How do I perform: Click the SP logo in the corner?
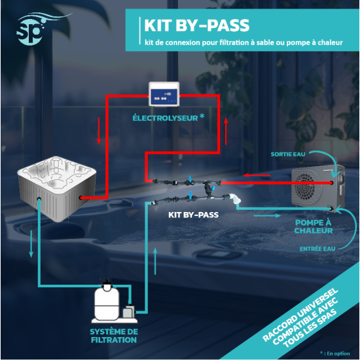click(x=31, y=31)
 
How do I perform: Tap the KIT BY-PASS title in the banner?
click(x=197, y=26)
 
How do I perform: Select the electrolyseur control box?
click(x=164, y=94)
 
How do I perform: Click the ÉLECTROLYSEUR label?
click(x=165, y=118)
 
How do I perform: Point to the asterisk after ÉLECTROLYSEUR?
click(x=202, y=116)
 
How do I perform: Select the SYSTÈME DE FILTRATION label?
click(x=114, y=336)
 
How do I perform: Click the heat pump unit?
click(x=318, y=187)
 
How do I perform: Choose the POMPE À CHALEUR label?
click(x=314, y=226)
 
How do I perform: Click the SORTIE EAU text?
click(x=288, y=154)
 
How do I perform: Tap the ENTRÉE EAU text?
click(x=317, y=249)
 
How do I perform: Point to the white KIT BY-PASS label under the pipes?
click(x=193, y=215)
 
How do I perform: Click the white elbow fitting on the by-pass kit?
click(x=236, y=198)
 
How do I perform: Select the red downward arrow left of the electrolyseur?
click(x=99, y=131)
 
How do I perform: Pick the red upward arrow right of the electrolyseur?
click(x=226, y=131)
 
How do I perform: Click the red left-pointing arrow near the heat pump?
click(x=257, y=175)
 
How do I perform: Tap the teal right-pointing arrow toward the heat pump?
click(x=267, y=215)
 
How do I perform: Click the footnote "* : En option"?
click(x=335, y=353)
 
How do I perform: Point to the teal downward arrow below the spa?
click(x=31, y=243)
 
